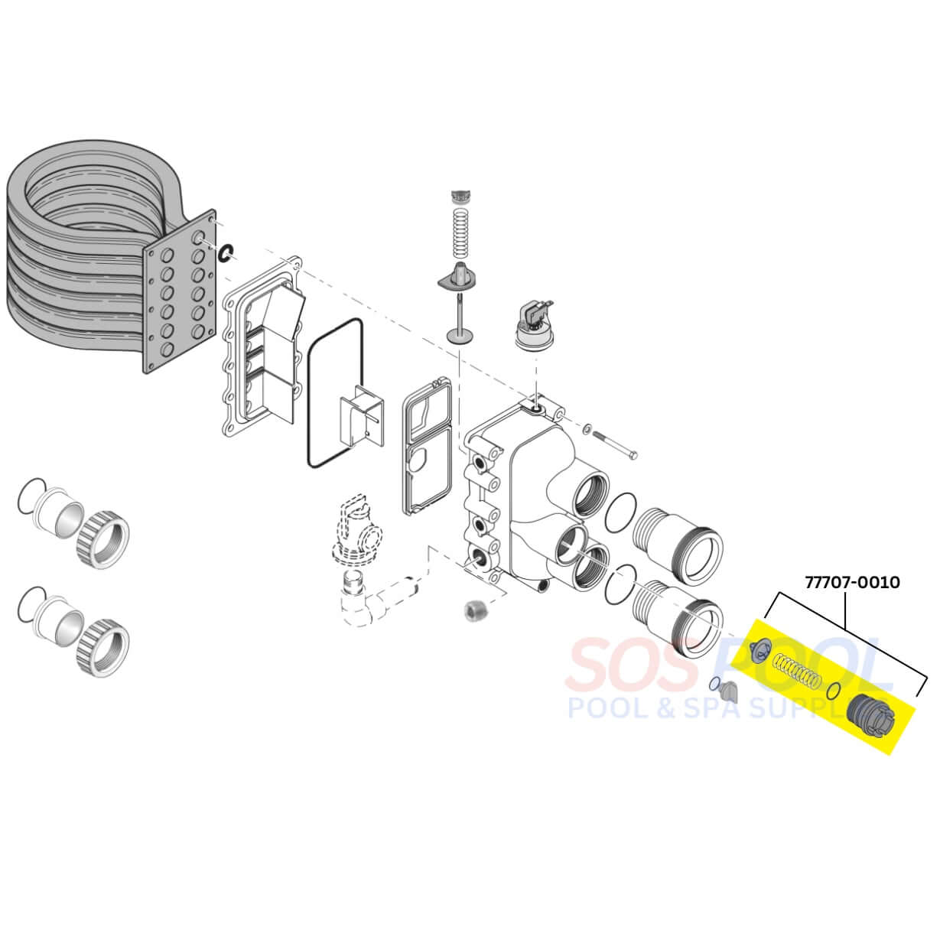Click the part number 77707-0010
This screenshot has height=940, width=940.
pos(852,583)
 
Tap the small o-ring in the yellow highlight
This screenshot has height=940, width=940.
pos(834,690)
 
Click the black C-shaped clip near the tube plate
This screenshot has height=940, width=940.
pos(226,253)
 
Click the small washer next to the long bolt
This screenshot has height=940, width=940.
pos(588,428)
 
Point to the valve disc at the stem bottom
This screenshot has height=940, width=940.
pos(460,336)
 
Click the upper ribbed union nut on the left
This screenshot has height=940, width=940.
pos(103,540)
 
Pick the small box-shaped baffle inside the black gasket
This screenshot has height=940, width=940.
pos(362,415)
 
